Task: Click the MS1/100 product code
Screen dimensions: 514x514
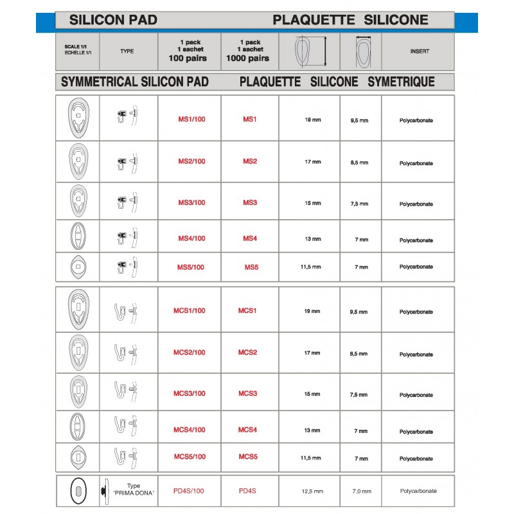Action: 191,120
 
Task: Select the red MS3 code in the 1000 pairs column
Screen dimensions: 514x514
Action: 250,202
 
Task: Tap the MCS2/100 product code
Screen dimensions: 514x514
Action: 190,352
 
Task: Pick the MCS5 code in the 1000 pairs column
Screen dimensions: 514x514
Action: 247,457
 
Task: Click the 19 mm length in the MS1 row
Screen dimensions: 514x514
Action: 312,120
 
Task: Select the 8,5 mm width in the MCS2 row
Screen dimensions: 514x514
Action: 360,353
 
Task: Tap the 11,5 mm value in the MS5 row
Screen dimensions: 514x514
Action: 312,267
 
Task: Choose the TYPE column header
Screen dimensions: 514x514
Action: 127,51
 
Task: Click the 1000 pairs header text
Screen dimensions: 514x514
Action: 247,58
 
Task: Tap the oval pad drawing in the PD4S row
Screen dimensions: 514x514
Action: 78,491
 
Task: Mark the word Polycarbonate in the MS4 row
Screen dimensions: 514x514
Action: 416,240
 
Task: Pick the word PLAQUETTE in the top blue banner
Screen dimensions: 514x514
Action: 313,20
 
